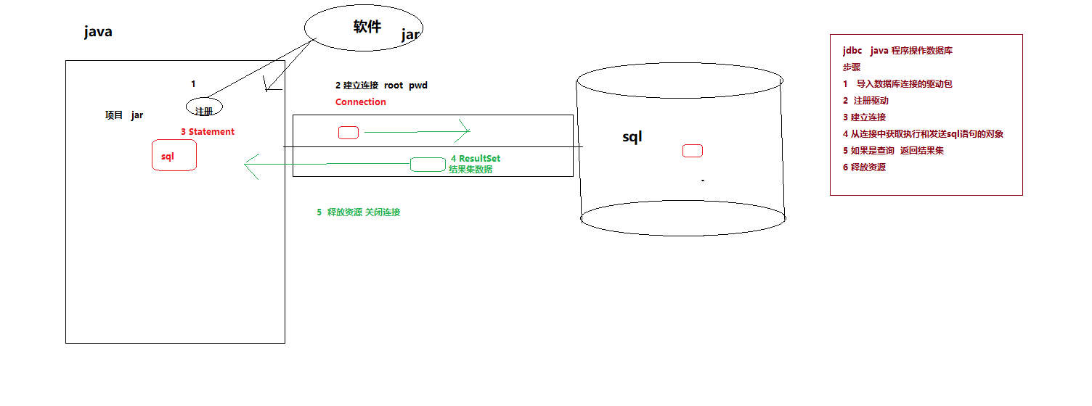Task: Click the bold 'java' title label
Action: coord(98,32)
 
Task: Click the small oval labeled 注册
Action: coord(204,108)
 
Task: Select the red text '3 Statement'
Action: coord(208,132)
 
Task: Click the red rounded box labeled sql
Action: coord(174,156)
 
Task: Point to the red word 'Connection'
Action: coord(361,102)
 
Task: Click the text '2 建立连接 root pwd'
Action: coord(381,86)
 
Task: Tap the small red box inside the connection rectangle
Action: coord(349,133)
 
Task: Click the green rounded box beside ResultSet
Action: coord(428,165)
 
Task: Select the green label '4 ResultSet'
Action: coord(476,159)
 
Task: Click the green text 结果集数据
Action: coord(470,170)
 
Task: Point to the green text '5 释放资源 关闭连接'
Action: coord(358,212)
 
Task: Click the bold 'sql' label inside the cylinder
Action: coord(632,137)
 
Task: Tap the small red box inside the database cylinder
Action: coord(693,151)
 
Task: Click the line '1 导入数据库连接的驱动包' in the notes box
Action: coord(897,84)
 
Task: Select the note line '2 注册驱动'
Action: coord(865,101)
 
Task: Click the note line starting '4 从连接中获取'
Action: coord(923,134)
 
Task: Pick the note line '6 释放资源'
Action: coord(864,167)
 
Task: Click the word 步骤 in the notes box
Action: coord(852,67)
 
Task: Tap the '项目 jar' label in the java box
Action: coord(124,115)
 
